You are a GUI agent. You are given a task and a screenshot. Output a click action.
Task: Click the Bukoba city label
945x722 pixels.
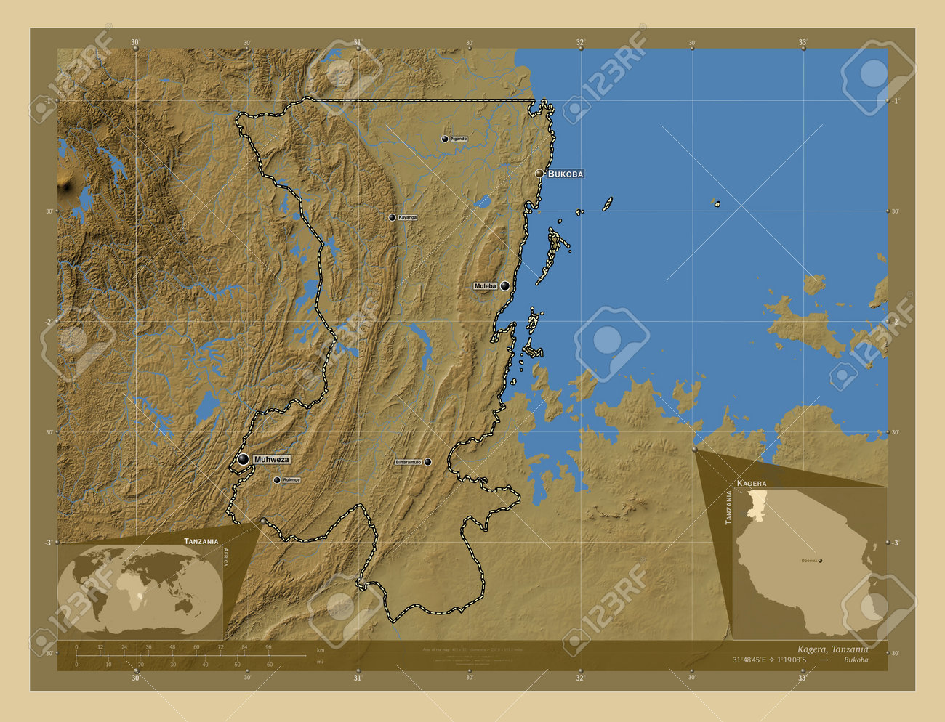point(565,174)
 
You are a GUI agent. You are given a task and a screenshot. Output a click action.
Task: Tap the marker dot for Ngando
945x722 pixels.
point(446,139)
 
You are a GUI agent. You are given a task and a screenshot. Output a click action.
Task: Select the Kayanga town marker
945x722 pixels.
point(393,217)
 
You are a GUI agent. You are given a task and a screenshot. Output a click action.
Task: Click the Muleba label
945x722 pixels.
point(485,286)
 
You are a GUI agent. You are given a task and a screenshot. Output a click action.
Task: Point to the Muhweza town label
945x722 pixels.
point(272,460)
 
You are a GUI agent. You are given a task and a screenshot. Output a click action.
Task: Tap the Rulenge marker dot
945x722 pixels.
point(276,480)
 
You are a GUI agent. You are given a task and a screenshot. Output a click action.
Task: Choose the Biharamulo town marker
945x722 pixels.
point(427,462)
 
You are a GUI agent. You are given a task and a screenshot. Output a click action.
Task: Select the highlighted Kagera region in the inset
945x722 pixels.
point(759,501)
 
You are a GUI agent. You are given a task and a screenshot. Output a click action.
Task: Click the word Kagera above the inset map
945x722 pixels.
point(751,483)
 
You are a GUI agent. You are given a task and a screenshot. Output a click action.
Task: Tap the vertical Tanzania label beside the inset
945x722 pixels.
point(728,507)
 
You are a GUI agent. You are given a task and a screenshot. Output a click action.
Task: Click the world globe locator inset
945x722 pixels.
point(140,591)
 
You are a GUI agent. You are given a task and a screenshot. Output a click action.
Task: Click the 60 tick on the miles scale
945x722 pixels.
point(269,664)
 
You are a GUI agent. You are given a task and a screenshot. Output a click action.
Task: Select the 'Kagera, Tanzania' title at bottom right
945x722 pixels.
point(828,649)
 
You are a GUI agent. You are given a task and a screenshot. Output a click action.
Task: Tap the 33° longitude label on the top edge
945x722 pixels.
point(803,43)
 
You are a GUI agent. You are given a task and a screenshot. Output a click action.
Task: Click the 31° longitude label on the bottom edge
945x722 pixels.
point(358,678)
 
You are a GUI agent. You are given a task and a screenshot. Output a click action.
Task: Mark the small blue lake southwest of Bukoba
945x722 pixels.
point(482,202)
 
